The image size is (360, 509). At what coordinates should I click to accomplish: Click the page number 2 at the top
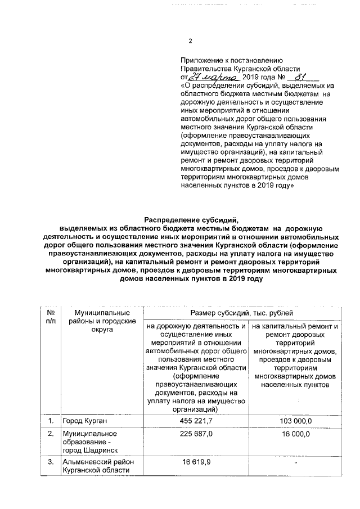190,41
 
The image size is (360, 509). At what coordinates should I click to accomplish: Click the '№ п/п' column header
50,317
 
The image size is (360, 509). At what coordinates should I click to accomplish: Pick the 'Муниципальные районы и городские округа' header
98,321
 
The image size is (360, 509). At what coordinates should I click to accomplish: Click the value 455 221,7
196,421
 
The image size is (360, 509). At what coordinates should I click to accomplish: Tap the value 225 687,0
196,434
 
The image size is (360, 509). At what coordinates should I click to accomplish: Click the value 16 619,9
196,462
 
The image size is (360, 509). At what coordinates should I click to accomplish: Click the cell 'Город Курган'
85,421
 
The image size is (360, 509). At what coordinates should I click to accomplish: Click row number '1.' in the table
51,421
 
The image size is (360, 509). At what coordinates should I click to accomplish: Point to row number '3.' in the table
51,462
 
